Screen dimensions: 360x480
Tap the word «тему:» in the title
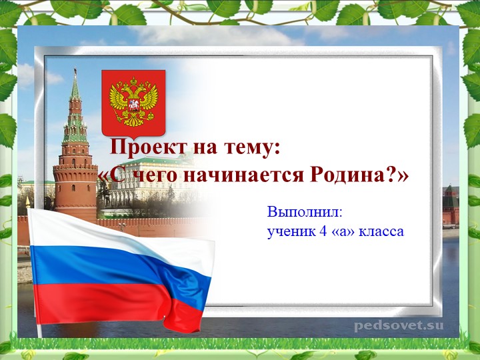tap(248, 147)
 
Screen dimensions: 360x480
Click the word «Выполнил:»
tap(305, 213)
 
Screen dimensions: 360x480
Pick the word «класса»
tap(381, 231)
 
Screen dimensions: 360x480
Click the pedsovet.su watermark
tap(398, 326)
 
